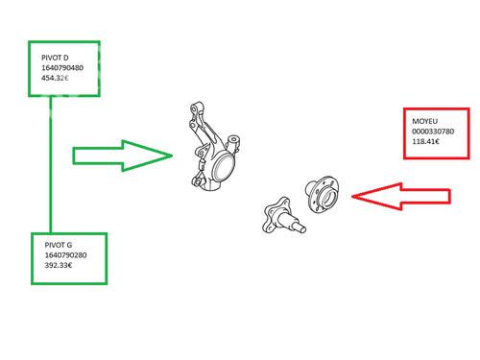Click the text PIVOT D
[x=55, y=58]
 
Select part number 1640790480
[x=62, y=68]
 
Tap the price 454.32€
[x=55, y=78]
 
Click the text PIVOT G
[x=59, y=245]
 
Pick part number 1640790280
[x=65, y=255]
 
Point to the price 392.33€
[x=59, y=265]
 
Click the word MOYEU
[x=424, y=121]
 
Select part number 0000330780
[x=433, y=132]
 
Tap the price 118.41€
[x=425, y=141]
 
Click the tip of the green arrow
[x=173, y=156]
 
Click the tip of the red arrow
[x=352, y=196]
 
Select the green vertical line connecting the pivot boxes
[x=51, y=164]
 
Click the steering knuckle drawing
[x=214, y=147]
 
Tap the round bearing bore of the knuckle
[x=224, y=167]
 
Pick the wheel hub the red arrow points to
[x=322, y=194]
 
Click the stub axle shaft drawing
[x=284, y=215]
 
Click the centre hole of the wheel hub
[x=329, y=197]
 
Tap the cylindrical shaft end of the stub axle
[x=300, y=228]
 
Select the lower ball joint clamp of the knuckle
[x=198, y=181]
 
